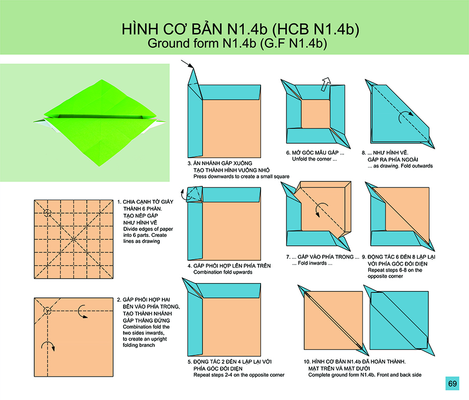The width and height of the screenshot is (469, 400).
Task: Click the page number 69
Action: pyautogui.click(x=452, y=383)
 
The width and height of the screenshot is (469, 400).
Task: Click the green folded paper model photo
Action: pyautogui.click(x=100, y=122)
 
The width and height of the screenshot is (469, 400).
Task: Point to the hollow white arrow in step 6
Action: pyautogui.click(x=326, y=84)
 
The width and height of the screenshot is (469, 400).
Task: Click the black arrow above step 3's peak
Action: pyautogui.click(x=187, y=64)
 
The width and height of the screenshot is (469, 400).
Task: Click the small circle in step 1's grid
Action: pyautogui.click(x=47, y=213)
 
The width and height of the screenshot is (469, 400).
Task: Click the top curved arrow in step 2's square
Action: pyautogui.click(x=82, y=312)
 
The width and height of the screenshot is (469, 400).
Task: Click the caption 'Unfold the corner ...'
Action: pyautogui.click(x=314, y=159)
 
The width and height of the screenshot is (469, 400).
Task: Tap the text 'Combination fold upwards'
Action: pyautogui.click(x=223, y=272)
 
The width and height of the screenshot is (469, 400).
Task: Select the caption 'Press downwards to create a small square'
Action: pyautogui.click(x=241, y=176)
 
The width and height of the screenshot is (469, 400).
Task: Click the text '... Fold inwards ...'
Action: pyautogui.click(x=312, y=263)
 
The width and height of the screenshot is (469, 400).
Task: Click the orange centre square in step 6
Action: pyautogui.click(x=315, y=114)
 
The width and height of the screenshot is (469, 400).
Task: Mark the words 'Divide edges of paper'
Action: pyautogui.click(x=148, y=229)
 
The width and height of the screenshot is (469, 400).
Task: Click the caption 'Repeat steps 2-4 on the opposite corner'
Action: pyautogui.click(x=239, y=375)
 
